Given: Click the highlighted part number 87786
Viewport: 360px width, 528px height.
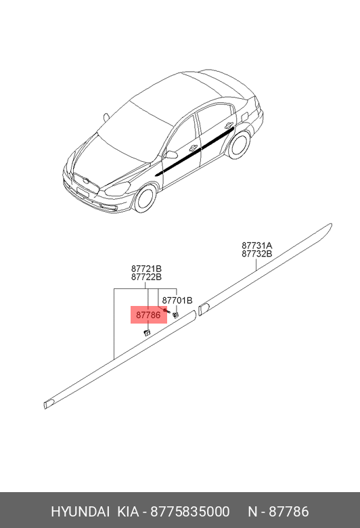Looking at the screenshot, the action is tap(148, 315).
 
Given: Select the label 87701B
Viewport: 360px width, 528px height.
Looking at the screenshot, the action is tap(177, 300).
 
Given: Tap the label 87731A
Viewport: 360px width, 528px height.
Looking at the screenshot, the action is tap(256, 246).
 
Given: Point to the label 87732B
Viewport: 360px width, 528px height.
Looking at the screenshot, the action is tap(256, 254).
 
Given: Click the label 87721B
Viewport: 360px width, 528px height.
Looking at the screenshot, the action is tap(146, 269).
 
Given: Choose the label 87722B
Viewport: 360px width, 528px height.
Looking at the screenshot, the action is tap(146, 277).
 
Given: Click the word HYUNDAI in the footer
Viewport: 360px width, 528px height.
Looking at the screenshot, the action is tap(80, 512).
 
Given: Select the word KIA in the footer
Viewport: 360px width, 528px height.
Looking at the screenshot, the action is tap(128, 512).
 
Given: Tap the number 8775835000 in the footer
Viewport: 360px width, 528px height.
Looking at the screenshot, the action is tap(190, 512).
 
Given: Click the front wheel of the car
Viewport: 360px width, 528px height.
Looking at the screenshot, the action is tap(145, 199).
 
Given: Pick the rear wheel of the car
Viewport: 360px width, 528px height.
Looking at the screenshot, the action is tap(239, 144).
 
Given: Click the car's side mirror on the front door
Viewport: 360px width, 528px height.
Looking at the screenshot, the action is tap(171, 154).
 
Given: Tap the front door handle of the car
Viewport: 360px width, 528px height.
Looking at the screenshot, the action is tap(194, 148).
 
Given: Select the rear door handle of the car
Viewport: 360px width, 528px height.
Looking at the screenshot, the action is tap(229, 125).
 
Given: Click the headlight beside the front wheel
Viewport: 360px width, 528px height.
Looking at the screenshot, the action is tap(117, 189).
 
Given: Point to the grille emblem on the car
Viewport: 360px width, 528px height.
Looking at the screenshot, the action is tap(87, 181).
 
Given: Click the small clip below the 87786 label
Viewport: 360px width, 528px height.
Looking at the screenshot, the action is tap(147, 333).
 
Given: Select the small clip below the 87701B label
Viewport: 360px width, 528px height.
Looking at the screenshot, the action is tap(175, 315).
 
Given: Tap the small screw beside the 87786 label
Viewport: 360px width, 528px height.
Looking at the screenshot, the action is tap(164, 310).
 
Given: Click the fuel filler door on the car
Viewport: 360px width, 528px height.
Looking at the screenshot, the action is tap(244, 116).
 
